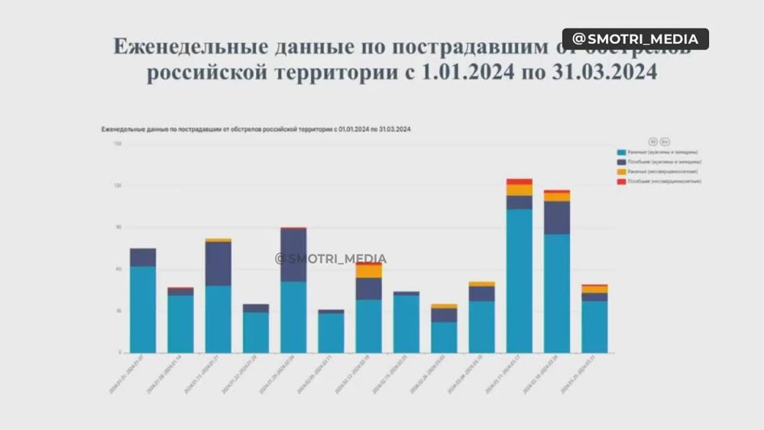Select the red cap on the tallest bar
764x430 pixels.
519,182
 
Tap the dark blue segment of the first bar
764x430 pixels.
143,257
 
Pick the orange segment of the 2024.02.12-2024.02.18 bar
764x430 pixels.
368,271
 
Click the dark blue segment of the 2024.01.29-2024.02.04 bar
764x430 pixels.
293,255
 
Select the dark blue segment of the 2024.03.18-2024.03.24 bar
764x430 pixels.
557,217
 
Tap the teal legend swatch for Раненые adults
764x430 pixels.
622,153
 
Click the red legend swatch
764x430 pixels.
622,181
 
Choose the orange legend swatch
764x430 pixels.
622,172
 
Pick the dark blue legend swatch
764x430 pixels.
622,162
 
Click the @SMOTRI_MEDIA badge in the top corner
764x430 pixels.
636,39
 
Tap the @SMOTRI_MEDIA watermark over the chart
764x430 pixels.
331,259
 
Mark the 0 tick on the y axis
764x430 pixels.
118,353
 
